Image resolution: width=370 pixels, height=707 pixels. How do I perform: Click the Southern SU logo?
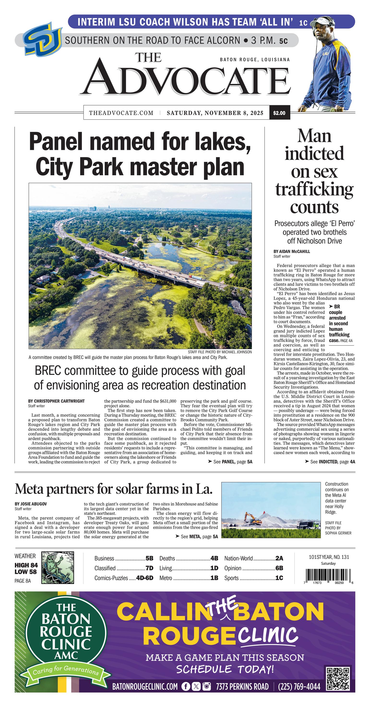pos(42,39)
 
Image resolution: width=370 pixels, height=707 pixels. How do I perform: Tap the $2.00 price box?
pos(279,113)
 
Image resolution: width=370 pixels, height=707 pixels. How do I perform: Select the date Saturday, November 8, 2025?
pos(215,113)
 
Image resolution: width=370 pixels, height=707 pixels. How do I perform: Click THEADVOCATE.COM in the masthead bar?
pos(121,113)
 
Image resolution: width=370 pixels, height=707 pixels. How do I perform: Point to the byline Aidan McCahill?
pos(292,251)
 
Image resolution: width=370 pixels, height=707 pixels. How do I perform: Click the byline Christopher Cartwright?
pos(56,401)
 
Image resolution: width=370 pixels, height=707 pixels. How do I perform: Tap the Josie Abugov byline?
pos(31,504)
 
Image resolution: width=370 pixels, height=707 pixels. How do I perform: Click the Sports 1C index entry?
pos(253,578)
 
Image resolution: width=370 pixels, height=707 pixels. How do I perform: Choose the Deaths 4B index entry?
pos(188,558)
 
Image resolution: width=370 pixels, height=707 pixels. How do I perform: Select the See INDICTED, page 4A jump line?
pos(330,462)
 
